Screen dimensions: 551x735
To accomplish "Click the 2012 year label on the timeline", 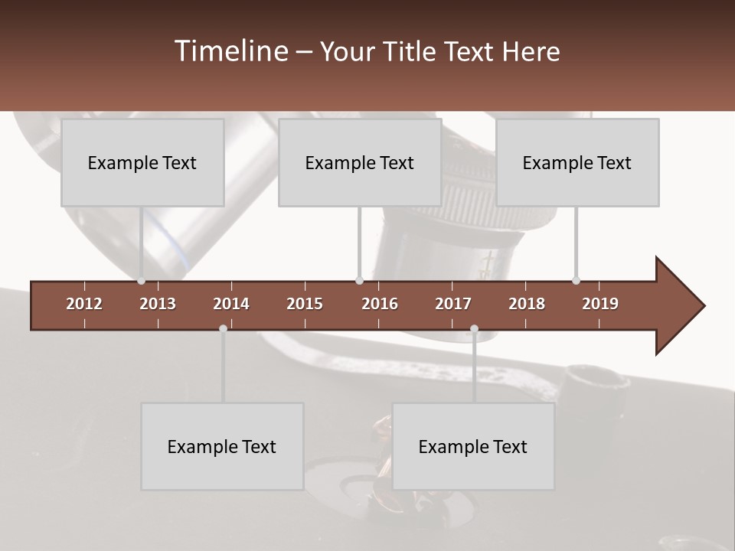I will coord(84,304).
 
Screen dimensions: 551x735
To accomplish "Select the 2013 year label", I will coord(158,304).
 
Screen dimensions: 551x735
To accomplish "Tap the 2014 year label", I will coord(231,304).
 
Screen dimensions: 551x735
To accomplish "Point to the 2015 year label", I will coord(305,304).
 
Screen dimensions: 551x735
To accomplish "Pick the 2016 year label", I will coord(380,304).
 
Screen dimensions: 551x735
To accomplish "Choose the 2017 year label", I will coord(453,304).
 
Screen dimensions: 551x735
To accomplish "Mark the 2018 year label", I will coord(527,304).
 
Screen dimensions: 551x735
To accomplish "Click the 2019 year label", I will coord(600,304).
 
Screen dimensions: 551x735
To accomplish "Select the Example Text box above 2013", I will coord(142,162).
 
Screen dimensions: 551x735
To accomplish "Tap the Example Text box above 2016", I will coord(360,162).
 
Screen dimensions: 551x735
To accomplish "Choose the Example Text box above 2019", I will coord(577,162).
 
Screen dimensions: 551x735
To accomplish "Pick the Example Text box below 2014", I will coord(222,446).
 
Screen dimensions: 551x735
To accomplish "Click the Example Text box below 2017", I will coord(473,446).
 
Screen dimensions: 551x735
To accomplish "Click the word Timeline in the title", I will coord(230,51).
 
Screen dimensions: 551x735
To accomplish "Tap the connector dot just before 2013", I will coord(141,281).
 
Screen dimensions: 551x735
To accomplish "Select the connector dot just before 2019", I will coord(576,281).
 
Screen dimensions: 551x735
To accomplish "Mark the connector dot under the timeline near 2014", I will coord(223,328).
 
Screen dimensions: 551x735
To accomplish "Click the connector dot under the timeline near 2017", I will coord(474,328).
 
